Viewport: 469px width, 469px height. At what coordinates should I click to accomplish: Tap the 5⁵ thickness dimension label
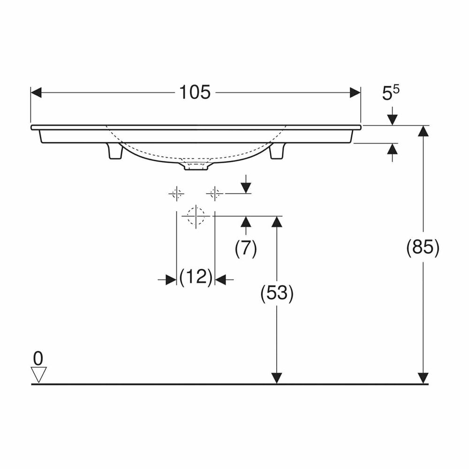click(x=391, y=93)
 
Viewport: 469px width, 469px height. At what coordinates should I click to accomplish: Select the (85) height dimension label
click(x=423, y=248)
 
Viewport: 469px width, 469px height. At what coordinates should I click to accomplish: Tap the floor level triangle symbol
click(x=39, y=374)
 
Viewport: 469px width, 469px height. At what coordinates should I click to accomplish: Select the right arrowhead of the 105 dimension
click(x=355, y=93)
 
